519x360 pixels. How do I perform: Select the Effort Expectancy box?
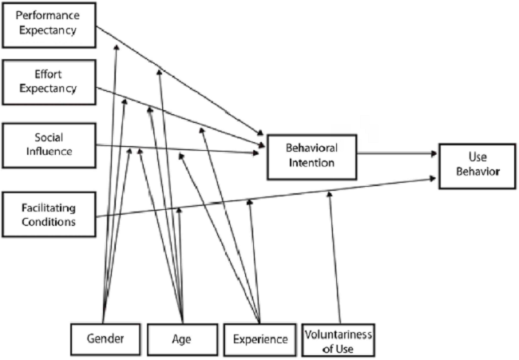tap(48, 81)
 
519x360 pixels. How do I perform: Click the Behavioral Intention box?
tap(311, 156)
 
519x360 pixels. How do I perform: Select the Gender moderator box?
tap(105, 338)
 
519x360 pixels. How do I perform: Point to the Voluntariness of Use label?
tap(339, 338)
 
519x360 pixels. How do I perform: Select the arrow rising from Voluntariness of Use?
tap(334, 255)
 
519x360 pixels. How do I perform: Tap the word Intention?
tap(311, 163)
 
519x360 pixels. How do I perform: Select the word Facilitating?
tap(49, 208)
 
